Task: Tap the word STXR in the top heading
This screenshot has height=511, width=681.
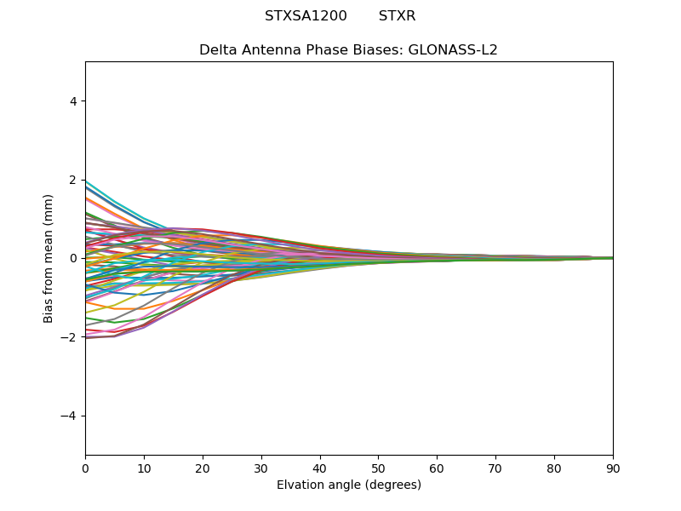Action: (397, 16)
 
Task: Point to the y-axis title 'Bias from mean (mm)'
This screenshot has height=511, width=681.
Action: (49, 258)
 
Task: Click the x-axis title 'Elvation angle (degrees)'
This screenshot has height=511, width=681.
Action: (349, 485)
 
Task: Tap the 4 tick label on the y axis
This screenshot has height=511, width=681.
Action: (72, 101)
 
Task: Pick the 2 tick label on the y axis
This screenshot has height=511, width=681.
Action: (72, 180)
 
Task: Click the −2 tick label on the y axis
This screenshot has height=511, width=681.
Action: (69, 337)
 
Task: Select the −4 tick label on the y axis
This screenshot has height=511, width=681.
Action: (69, 416)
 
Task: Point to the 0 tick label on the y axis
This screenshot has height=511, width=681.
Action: (72, 258)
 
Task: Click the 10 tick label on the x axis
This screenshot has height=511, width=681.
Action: (144, 468)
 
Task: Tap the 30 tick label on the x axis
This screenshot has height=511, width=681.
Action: (261, 468)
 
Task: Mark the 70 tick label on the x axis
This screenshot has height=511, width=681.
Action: (495, 468)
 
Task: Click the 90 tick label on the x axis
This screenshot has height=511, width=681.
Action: (613, 468)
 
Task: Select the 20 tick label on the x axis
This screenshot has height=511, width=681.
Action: (203, 468)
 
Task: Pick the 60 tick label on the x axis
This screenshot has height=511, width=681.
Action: (437, 468)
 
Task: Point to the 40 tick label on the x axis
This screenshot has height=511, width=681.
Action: (320, 468)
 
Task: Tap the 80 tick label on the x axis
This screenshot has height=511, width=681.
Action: (554, 468)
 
